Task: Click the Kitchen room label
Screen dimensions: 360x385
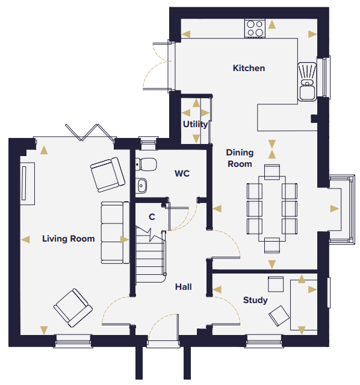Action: (x=249, y=68)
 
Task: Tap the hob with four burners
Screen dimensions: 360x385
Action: (x=255, y=28)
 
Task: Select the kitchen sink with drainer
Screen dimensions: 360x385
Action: (x=307, y=81)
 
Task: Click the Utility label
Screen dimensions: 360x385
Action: (x=195, y=124)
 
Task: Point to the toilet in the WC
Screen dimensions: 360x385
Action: (x=146, y=164)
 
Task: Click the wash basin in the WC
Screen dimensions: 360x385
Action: (x=141, y=185)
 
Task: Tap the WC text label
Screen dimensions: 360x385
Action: (x=182, y=174)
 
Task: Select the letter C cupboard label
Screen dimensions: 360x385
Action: (x=152, y=217)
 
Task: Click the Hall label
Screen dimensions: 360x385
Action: (x=184, y=287)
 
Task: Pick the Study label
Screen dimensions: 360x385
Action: (x=255, y=300)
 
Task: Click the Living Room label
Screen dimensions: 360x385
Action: (x=69, y=239)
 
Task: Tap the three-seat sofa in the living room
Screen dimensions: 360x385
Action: (x=115, y=233)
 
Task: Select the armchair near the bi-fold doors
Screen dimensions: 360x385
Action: (x=108, y=175)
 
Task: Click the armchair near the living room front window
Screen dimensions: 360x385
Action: (x=73, y=308)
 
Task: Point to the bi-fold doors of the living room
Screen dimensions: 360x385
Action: (x=90, y=133)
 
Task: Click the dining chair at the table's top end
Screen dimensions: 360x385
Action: (x=272, y=172)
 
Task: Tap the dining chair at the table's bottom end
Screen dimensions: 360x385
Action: (x=272, y=245)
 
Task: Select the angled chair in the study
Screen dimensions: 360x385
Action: (x=279, y=316)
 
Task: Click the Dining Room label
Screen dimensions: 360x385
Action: (x=240, y=158)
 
